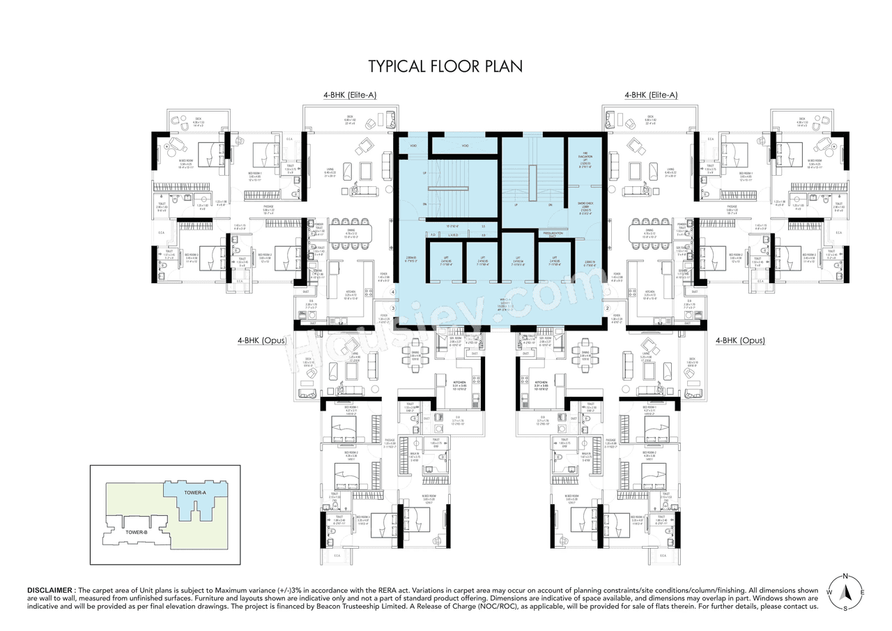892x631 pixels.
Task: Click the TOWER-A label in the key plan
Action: [x=195, y=493]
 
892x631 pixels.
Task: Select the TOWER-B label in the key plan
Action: [x=136, y=532]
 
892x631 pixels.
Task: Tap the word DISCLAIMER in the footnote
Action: [x=52, y=590]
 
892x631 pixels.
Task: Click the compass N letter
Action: [x=845, y=576]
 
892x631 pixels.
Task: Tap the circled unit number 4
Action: [x=393, y=292]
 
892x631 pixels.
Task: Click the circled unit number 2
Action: [x=607, y=307]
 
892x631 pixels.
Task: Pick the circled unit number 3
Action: [x=393, y=308]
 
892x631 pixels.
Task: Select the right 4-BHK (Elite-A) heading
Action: [x=651, y=95]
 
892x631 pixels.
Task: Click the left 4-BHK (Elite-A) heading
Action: [x=349, y=95]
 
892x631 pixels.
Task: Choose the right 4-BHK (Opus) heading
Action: [x=740, y=341]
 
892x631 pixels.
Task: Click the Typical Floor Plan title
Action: [x=445, y=66]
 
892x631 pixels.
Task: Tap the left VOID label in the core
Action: [x=413, y=146]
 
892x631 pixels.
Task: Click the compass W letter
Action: [x=828, y=592]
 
